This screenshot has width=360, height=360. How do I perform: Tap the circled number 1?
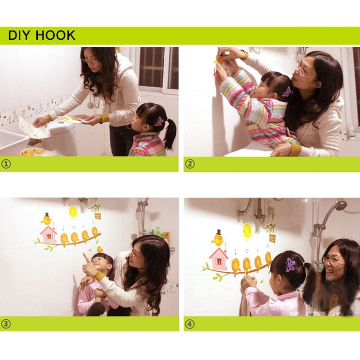click(x=6, y=164)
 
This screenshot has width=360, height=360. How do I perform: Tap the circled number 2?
click(x=190, y=164)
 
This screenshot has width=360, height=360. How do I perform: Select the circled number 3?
click(x=6, y=324)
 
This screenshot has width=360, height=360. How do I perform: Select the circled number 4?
click(x=190, y=324)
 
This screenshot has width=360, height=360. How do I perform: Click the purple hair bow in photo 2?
click(x=287, y=91)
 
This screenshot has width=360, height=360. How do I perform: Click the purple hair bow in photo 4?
click(x=290, y=264)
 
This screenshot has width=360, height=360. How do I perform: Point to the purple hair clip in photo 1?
click(x=159, y=121)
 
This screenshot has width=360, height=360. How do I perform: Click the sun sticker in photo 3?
click(x=73, y=212)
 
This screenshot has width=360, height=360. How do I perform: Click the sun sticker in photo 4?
click(x=247, y=230)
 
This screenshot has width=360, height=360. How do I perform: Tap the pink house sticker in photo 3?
click(x=48, y=234)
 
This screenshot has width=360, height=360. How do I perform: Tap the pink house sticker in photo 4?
click(x=219, y=259)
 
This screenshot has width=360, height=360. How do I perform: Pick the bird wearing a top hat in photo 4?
click(x=218, y=238)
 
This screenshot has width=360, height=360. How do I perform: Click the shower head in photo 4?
click(x=339, y=206)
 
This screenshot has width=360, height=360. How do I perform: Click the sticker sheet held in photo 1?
click(x=72, y=118)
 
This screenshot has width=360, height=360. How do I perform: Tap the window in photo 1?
click(x=157, y=68)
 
